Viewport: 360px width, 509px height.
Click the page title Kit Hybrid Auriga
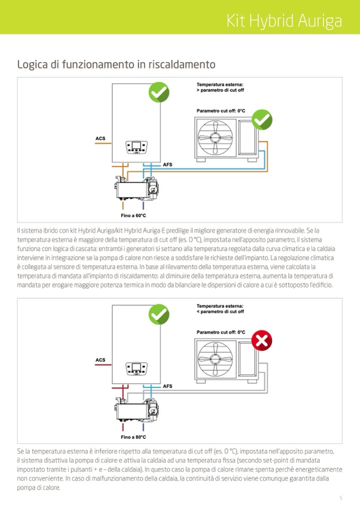(x=284, y=21)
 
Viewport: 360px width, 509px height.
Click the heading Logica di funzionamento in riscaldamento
(x=116, y=65)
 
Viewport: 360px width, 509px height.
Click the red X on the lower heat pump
(x=261, y=340)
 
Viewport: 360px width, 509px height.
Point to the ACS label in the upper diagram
(x=100, y=139)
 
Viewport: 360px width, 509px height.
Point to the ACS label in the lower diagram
(x=100, y=360)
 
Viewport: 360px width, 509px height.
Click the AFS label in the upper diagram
(x=167, y=165)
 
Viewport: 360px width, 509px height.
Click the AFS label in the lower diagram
(x=167, y=386)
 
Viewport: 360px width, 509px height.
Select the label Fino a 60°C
(x=133, y=216)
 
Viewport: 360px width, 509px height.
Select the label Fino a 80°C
(x=133, y=437)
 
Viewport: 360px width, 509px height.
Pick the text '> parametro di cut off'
(x=220, y=91)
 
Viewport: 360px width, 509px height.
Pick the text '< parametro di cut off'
(x=220, y=312)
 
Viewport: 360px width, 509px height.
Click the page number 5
(x=340, y=498)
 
